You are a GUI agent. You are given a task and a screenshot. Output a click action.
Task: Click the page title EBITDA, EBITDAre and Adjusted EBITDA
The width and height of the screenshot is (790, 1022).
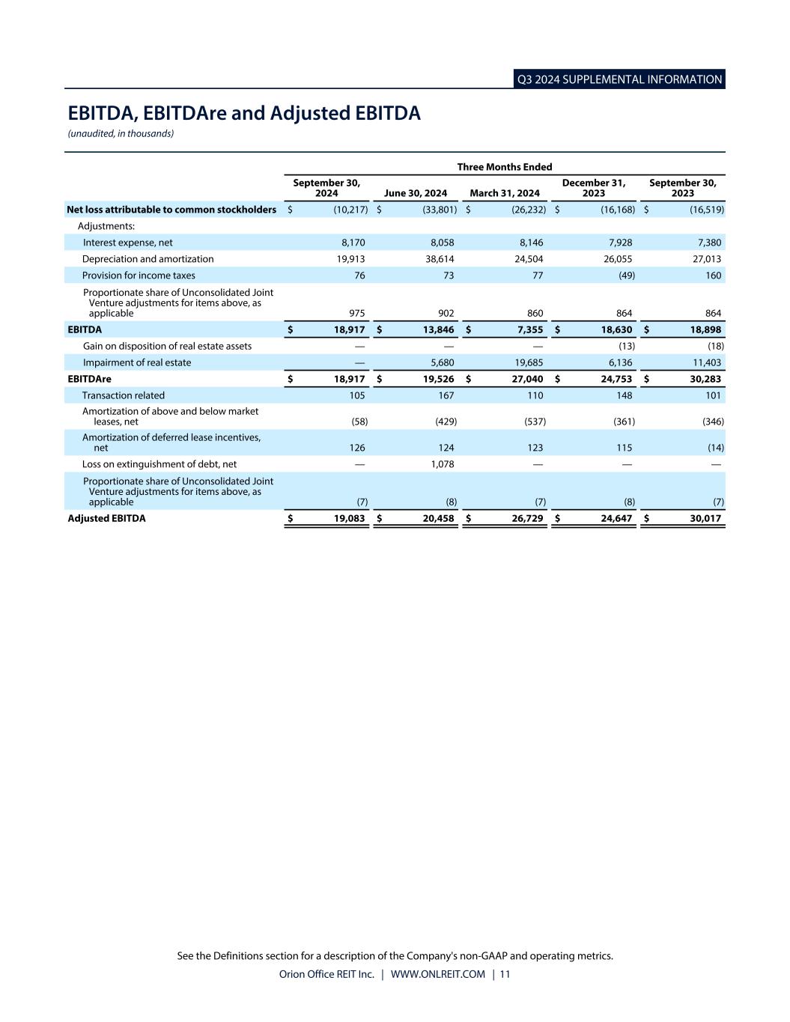pyautogui.click(x=244, y=113)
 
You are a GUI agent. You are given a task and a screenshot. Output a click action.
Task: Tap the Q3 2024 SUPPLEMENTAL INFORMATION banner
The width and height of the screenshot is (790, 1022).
pyautogui.click(x=619, y=79)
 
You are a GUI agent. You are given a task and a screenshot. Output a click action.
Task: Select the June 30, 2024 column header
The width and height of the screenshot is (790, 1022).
pyautogui.click(x=416, y=193)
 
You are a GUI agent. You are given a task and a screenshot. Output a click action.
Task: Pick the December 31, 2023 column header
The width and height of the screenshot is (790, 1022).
pyautogui.click(x=594, y=188)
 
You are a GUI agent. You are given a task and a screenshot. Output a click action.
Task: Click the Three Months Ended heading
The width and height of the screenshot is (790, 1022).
pyautogui.click(x=505, y=167)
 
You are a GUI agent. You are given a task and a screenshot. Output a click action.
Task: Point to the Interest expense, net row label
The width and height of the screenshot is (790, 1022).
pyautogui.click(x=127, y=243)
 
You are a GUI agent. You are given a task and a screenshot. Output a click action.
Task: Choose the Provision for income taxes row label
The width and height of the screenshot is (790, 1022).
pyautogui.click(x=139, y=276)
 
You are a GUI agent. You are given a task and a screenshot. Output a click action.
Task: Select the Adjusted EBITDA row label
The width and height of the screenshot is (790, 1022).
pyautogui.click(x=106, y=518)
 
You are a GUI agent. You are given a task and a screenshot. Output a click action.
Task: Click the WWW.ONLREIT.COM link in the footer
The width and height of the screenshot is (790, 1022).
pyautogui.click(x=438, y=974)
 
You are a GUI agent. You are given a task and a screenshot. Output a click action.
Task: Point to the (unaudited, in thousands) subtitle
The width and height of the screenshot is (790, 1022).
pyautogui.click(x=121, y=133)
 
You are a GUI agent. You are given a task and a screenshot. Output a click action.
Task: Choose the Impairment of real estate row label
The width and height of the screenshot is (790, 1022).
pyautogui.click(x=136, y=362)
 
